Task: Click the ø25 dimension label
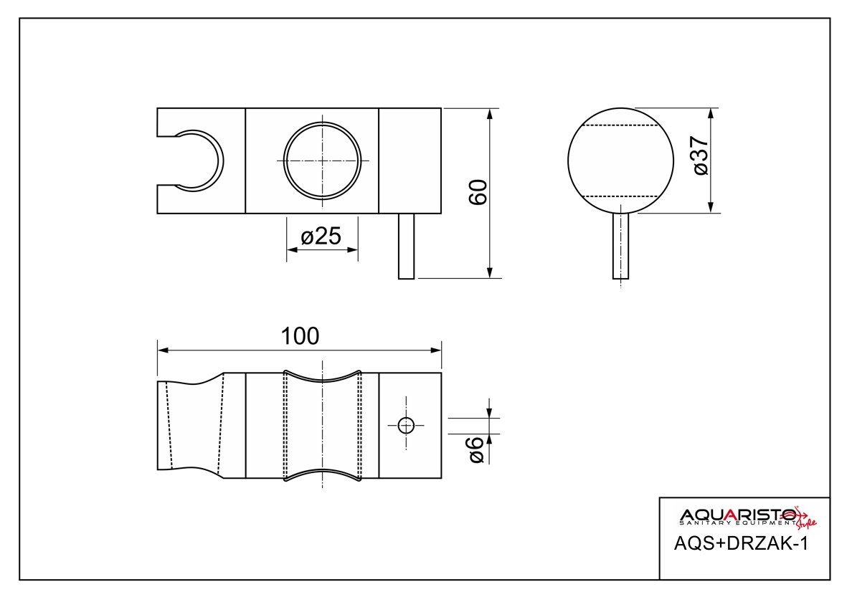[x=321, y=236]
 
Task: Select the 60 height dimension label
[x=478, y=192]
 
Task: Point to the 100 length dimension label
[x=300, y=336]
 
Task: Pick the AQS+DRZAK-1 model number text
[x=741, y=543]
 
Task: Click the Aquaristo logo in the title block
[x=747, y=517]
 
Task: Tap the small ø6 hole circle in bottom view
[x=406, y=426]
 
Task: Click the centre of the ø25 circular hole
[x=322, y=161]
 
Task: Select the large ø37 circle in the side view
[x=620, y=161]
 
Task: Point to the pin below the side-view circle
[x=620, y=246]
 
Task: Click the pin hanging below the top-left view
[x=406, y=246]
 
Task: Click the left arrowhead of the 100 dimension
[x=163, y=350]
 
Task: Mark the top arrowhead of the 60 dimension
[x=490, y=114]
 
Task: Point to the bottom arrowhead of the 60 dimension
[x=490, y=272]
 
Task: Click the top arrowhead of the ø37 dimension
[x=710, y=114]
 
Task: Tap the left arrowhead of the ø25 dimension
[x=292, y=250]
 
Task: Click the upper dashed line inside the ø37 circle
[x=620, y=125]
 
